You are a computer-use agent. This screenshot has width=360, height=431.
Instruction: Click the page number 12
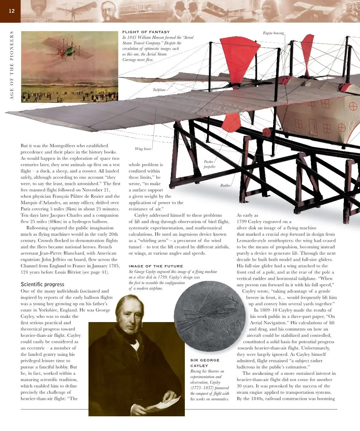pyautogui.click(x=11, y=11)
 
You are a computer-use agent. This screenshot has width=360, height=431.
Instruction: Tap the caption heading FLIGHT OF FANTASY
pyautogui.click(x=146, y=32)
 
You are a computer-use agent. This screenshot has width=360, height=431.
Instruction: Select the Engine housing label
pyautogui.click(x=273, y=33)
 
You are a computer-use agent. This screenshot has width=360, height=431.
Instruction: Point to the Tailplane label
pyautogui.click(x=159, y=90)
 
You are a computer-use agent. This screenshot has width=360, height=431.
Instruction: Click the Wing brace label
pyautogui.click(x=143, y=149)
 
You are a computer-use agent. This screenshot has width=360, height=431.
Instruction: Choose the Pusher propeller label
pyautogui.click(x=210, y=164)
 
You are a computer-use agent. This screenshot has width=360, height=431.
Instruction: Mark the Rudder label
pyautogui.click(x=225, y=185)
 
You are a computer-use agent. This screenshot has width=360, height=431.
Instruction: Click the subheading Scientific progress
pyautogui.click(x=43, y=284)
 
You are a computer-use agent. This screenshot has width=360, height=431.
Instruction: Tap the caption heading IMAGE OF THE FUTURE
pyautogui.click(x=155, y=266)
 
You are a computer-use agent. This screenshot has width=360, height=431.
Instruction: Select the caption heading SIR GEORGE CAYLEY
pyautogui.click(x=205, y=363)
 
